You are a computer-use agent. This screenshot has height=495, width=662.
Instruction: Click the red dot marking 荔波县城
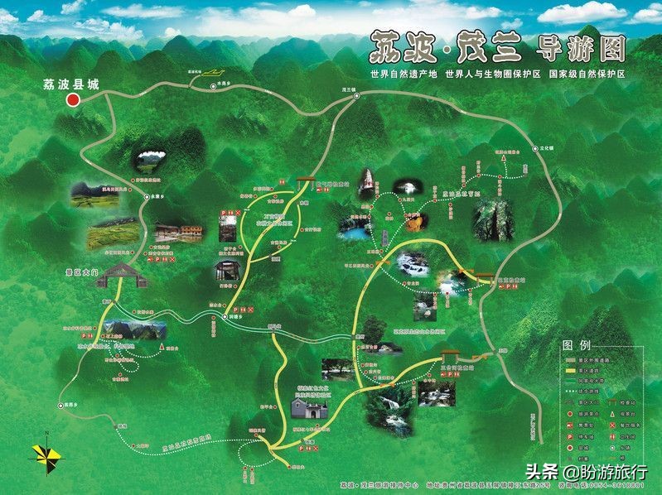click(x=73, y=100)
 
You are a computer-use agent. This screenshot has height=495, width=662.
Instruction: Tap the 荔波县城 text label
click(x=68, y=84)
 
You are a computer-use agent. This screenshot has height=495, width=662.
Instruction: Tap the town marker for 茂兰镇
click(x=356, y=96)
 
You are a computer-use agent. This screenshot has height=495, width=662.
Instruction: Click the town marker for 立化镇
click(x=533, y=151)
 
